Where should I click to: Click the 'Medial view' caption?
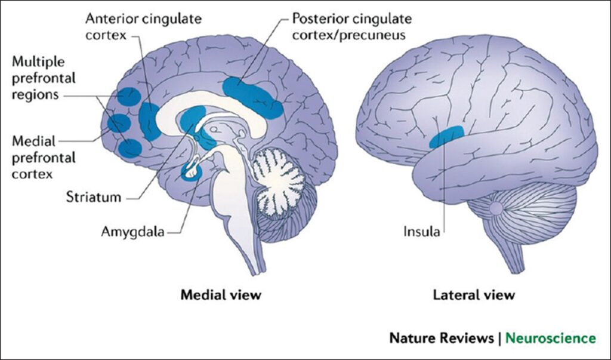[221, 294]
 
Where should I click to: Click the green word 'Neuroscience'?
[550, 338]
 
